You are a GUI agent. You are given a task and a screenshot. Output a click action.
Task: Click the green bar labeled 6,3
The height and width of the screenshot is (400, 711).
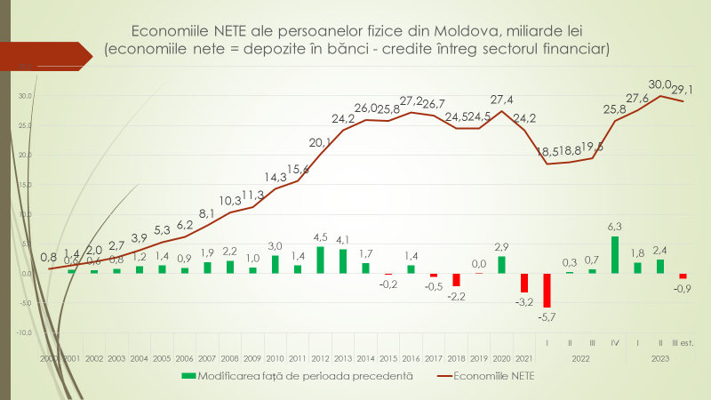pyautogui.click(x=615, y=255)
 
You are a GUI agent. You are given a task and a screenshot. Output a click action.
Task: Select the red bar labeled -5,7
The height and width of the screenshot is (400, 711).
pyautogui.click(x=547, y=290)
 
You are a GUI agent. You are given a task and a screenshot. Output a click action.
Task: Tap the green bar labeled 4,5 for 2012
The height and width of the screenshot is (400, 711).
pyautogui.click(x=320, y=260)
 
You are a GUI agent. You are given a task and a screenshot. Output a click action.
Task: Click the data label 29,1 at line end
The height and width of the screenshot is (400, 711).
pyautogui.click(x=683, y=90)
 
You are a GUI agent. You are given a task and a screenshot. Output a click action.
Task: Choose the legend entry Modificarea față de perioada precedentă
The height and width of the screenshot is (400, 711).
pyautogui.click(x=298, y=376)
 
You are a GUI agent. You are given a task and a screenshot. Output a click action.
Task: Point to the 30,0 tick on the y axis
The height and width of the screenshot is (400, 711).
pyautogui.click(x=25, y=96)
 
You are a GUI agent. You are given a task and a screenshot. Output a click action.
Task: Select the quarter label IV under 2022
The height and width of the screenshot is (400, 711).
pyautogui.click(x=615, y=341)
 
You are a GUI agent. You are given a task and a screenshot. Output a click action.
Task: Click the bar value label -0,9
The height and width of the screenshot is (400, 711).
pyautogui.click(x=683, y=288)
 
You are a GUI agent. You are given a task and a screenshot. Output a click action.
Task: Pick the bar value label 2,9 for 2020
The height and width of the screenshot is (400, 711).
pyautogui.click(x=502, y=246)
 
